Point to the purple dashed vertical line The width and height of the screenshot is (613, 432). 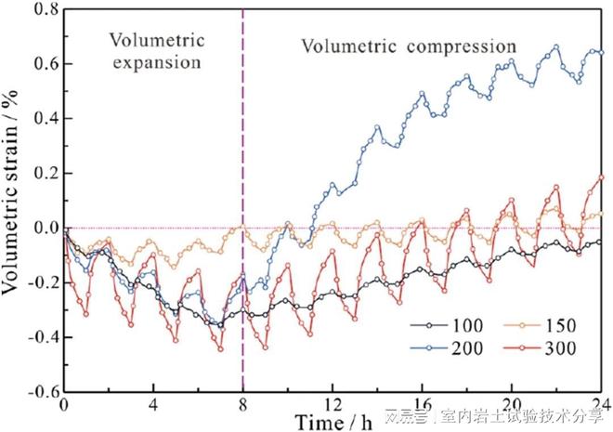coord(243,139)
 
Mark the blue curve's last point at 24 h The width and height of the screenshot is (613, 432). coord(601,52)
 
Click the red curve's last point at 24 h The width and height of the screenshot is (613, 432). coord(601,177)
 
